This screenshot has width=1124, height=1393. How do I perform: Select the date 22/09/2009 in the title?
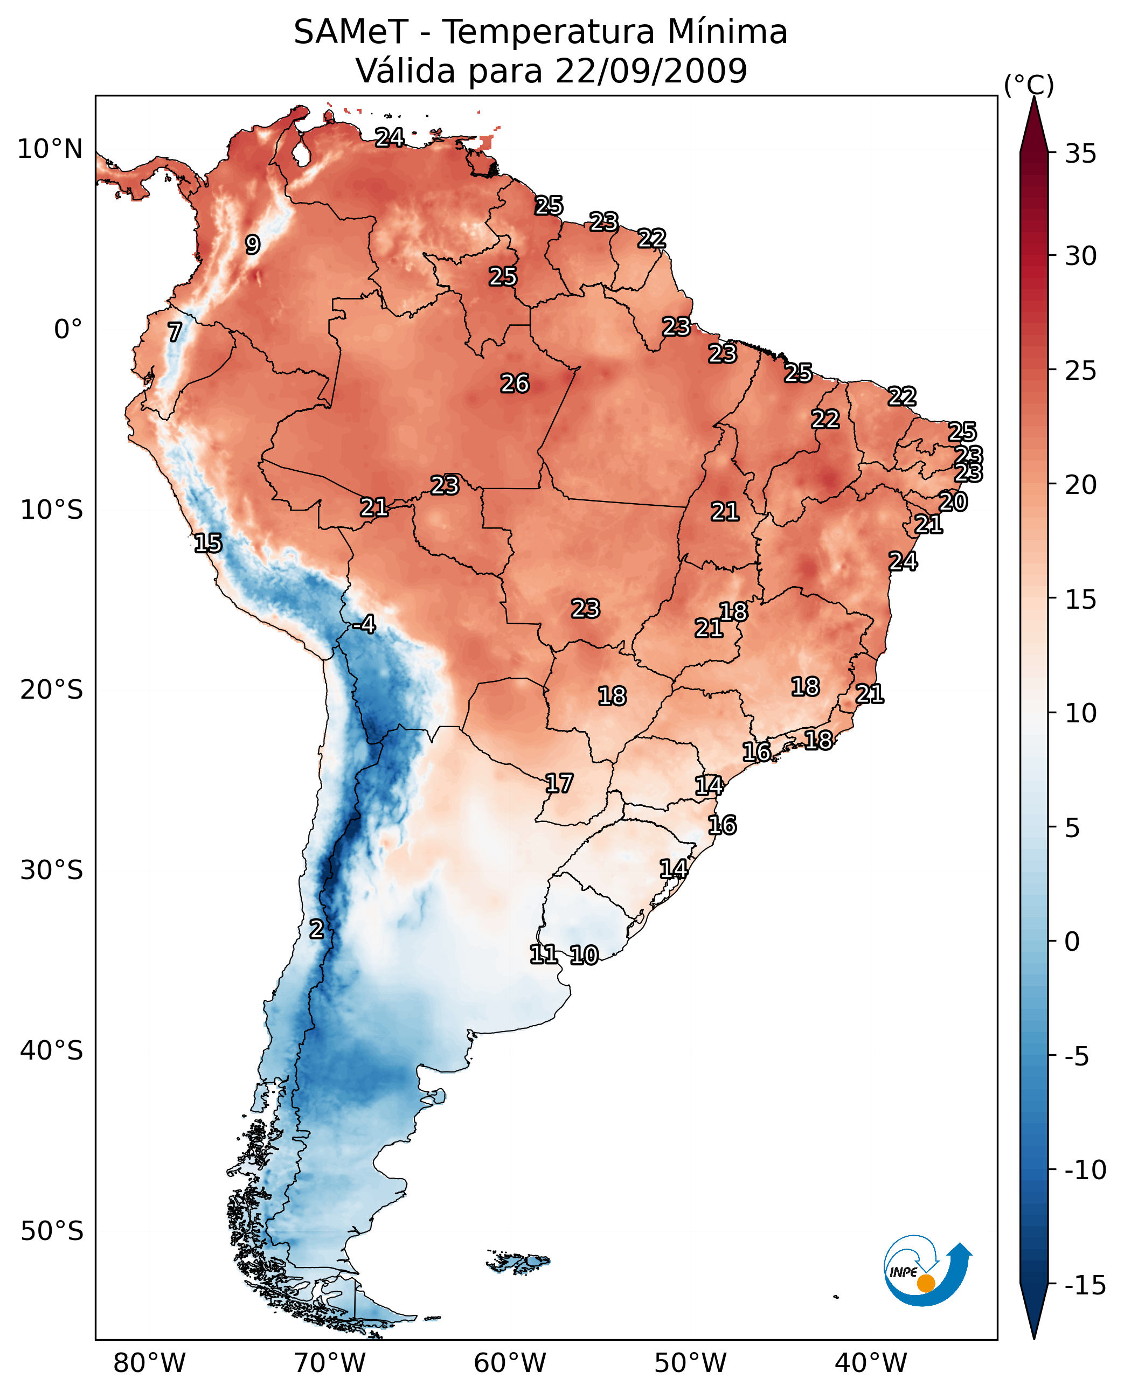coord(651,71)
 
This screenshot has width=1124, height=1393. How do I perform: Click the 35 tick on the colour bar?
coord(1080,154)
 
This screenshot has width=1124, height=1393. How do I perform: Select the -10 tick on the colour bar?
coord(1085,1171)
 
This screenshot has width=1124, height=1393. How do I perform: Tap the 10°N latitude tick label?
coord(50,150)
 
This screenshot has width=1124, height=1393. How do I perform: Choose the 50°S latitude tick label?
coord(52,1231)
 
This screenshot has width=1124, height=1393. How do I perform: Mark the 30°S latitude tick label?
coord(52,870)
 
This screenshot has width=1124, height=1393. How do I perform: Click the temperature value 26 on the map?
coord(515,384)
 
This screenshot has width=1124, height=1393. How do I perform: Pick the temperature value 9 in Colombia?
coord(253,245)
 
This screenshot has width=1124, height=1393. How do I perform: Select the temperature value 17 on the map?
coord(559,784)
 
